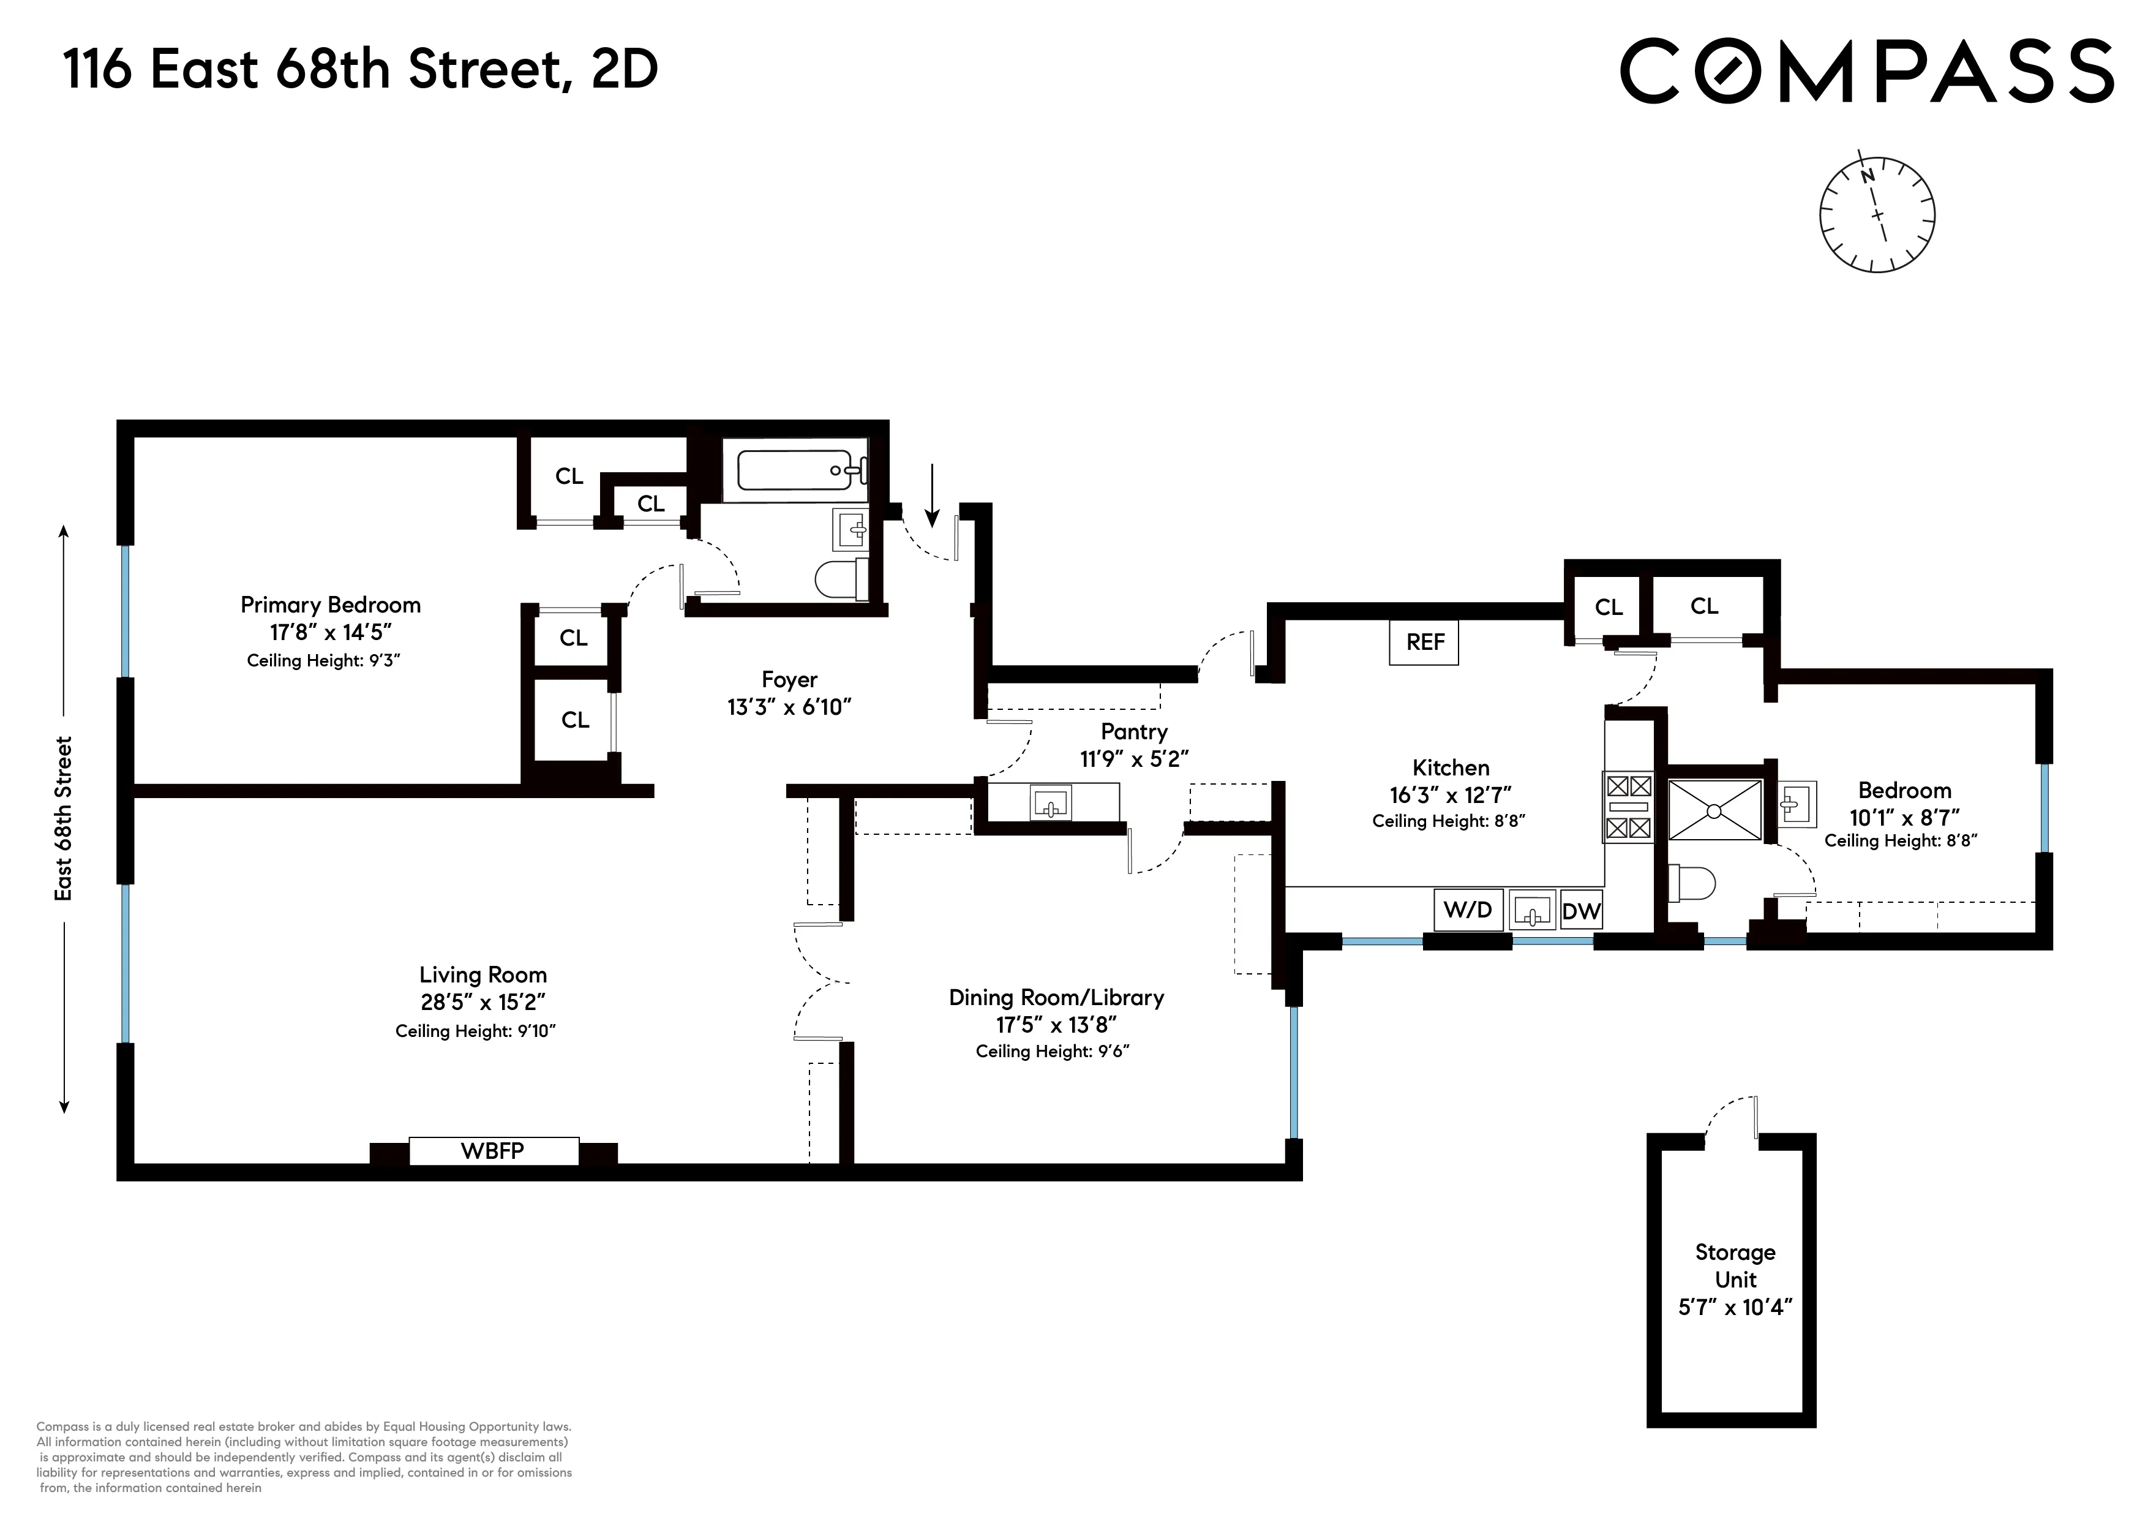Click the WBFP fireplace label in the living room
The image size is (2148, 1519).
(493, 1151)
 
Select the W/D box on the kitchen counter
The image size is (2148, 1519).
(1468, 910)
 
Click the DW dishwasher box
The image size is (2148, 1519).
(1581, 911)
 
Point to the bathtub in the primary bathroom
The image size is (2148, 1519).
(795, 470)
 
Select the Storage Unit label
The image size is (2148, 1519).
(1735, 1265)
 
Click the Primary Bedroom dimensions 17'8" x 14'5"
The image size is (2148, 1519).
(330, 633)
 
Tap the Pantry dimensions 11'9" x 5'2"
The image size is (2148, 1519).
(1134, 759)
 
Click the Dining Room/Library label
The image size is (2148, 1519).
(1056, 998)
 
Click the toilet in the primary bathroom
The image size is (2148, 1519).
(840, 579)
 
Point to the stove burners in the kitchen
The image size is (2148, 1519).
(1628, 807)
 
